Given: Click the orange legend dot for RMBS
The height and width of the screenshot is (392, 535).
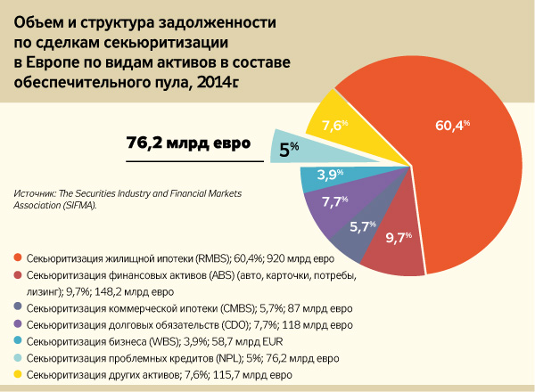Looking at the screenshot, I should tap(18, 258).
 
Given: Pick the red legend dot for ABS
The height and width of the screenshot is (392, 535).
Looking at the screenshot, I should tap(18, 275).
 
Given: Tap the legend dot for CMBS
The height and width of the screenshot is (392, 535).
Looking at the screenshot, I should tap(18, 308).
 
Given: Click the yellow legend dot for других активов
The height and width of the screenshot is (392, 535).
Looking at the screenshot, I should tap(18, 375).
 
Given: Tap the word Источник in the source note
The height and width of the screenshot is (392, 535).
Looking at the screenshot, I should tap(35, 192).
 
